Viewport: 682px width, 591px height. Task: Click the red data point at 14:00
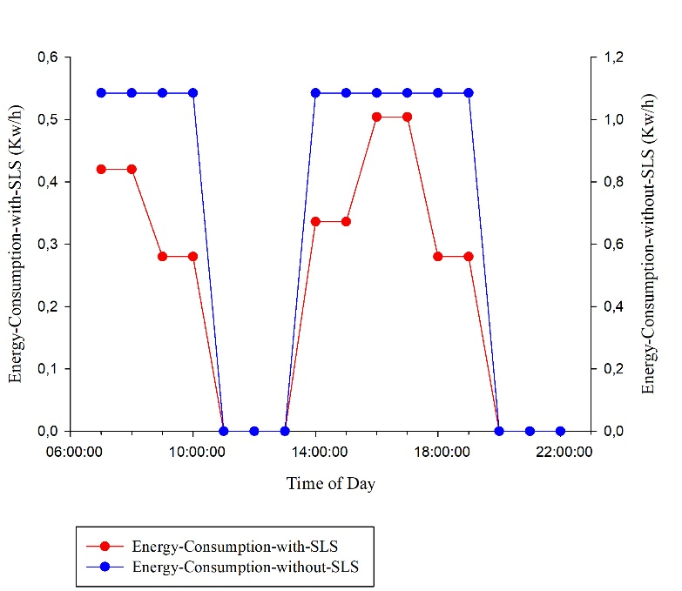(x=315, y=222)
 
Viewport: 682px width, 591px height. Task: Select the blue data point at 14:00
(x=315, y=93)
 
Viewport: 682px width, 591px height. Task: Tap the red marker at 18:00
(x=438, y=257)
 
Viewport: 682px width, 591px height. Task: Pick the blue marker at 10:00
(x=193, y=93)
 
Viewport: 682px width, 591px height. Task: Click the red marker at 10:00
(x=193, y=257)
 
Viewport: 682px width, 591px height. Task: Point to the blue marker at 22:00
(x=560, y=431)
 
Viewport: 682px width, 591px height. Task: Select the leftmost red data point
(x=101, y=169)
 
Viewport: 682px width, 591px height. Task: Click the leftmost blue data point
(x=101, y=93)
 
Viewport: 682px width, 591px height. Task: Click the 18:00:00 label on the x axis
(x=438, y=451)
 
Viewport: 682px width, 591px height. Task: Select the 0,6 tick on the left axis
(x=47, y=57)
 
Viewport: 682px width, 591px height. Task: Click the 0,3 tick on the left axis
(x=47, y=245)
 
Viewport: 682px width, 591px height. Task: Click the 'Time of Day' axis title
(x=331, y=483)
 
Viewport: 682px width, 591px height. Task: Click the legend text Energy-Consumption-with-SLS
(x=234, y=547)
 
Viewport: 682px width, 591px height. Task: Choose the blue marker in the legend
(x=105, y=567)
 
